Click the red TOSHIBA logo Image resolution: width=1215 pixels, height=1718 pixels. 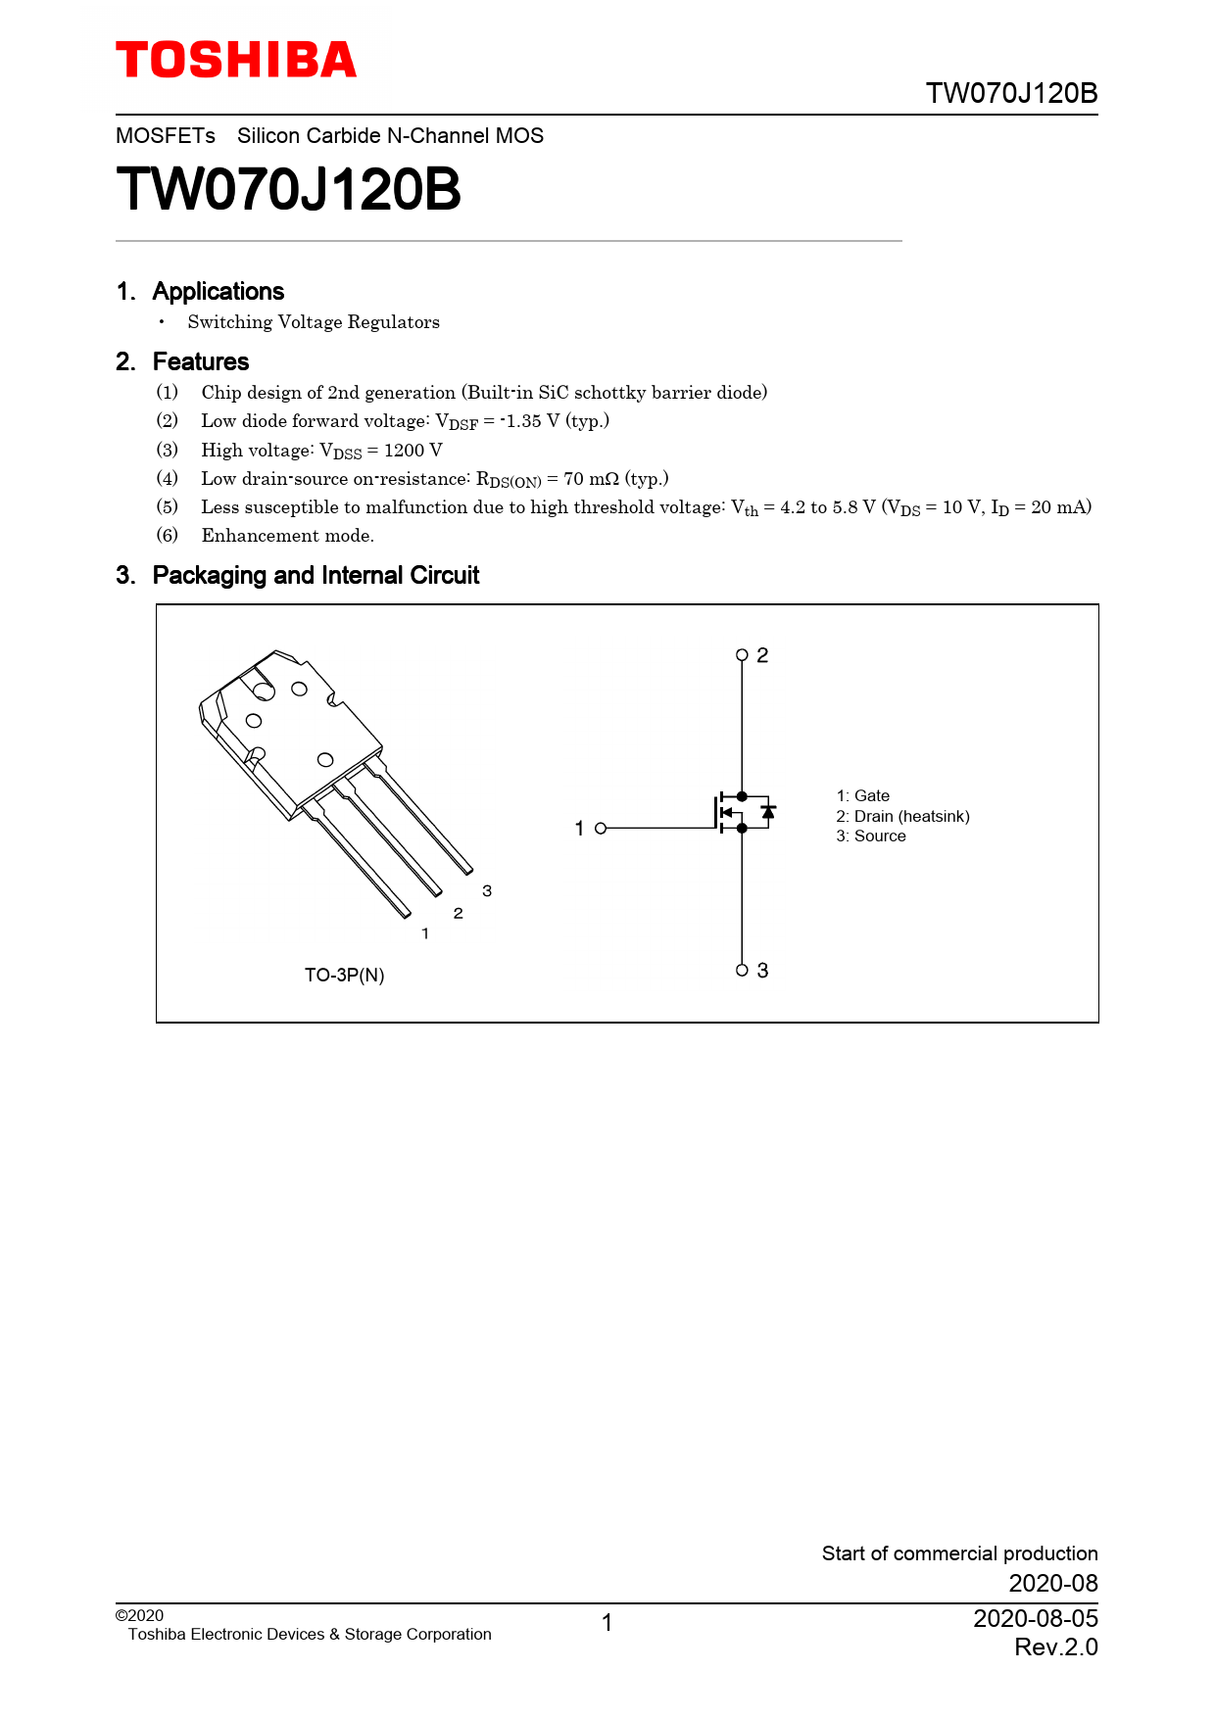coord(236,61)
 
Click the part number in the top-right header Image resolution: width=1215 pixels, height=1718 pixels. coord(1011,93)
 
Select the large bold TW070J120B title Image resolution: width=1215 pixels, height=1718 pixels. coord(288,189)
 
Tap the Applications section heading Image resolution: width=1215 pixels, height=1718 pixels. coord(218,291)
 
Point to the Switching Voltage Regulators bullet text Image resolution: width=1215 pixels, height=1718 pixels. coord(314,322)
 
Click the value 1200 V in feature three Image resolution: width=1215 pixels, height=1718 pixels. coord(413,451)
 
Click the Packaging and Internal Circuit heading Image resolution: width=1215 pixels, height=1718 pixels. coord(316,575)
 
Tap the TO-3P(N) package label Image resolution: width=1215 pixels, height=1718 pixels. coord(344,976)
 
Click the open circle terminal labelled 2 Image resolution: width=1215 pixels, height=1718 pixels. coord(742,655)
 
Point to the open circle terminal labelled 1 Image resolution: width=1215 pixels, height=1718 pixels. coord(601,829)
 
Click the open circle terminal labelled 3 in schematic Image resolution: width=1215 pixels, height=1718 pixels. coord(742,971)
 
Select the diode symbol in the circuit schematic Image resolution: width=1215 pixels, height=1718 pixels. coord(768,812)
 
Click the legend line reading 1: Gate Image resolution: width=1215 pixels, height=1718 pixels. coord(862,796)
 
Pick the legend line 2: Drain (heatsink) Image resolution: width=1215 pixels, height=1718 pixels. coord(902,817)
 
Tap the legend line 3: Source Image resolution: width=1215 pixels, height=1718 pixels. coord(870,836)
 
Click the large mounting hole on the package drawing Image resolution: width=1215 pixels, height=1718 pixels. coord(264,691)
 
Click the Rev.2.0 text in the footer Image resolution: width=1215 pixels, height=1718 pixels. coord(1055,1647)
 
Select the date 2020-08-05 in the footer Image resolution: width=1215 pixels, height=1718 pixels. coord(1035,1618)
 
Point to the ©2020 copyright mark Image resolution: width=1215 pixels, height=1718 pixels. coord(139,1616)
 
